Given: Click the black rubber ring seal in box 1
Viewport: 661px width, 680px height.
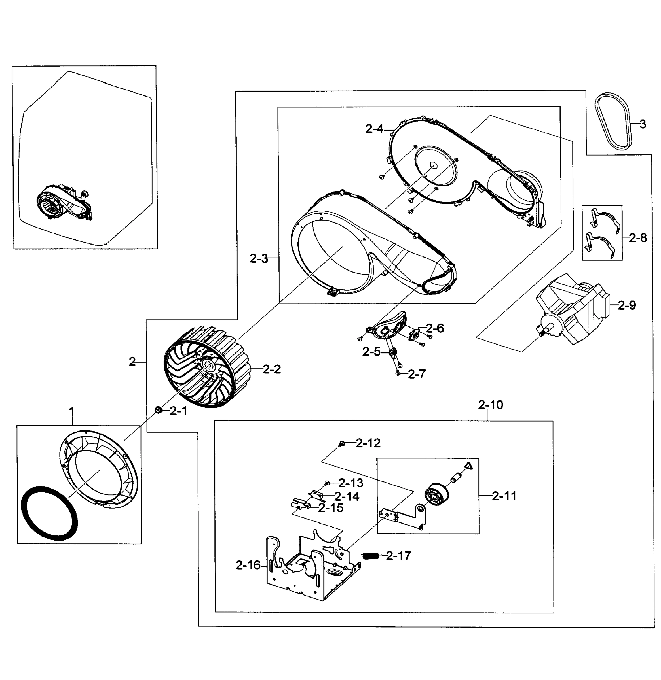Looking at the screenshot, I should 48,513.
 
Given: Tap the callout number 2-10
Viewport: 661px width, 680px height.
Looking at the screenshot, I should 490,405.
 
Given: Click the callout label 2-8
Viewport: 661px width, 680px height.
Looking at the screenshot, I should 638,238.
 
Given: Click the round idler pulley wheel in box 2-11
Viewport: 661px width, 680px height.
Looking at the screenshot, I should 436,494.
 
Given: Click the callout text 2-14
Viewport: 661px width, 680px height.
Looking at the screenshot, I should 347,496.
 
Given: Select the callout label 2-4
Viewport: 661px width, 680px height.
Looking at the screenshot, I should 375,129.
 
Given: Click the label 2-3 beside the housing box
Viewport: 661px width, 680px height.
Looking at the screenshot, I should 259,258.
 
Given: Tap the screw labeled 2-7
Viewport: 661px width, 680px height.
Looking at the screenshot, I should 398,373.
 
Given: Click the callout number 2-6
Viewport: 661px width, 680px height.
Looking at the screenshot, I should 435,328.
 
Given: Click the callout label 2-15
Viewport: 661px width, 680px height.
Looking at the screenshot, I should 331,508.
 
